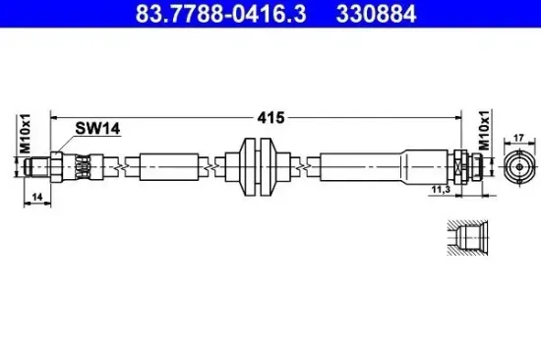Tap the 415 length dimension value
pyautogui.click(x=271, y=117)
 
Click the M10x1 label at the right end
pyautogui.click(x=483, y=131)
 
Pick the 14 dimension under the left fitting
pyautogui.click(x=36, y=199)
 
